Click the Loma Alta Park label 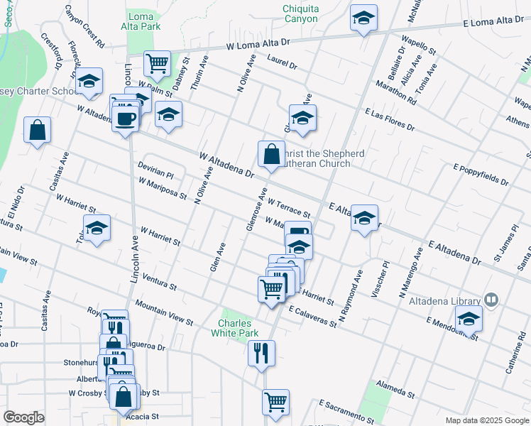tap(143, 21)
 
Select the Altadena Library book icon tap(490, 300)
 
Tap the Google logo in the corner tap(23, 417)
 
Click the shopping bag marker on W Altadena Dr tap(271, 153)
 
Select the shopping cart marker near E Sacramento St tap(275, 402)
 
